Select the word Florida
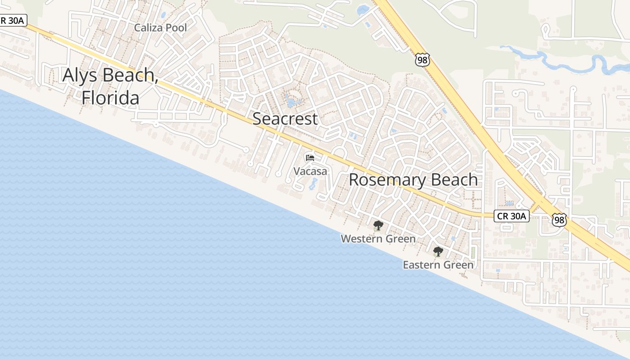[x=110, y=97]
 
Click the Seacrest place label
[x=285, y=119]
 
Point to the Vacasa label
[x=310, y=171]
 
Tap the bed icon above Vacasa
[x=310, y=157]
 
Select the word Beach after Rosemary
[x=454, y=180]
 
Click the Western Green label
[x=378, y=239]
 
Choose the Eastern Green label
[x=438, y=265]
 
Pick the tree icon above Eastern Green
[x=438, y=252]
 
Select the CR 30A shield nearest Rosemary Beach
[x=511, y=216]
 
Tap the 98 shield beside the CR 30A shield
[x=559, y=220]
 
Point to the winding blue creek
[x=562, y=61]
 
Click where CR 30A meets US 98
[x=538, y=205]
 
